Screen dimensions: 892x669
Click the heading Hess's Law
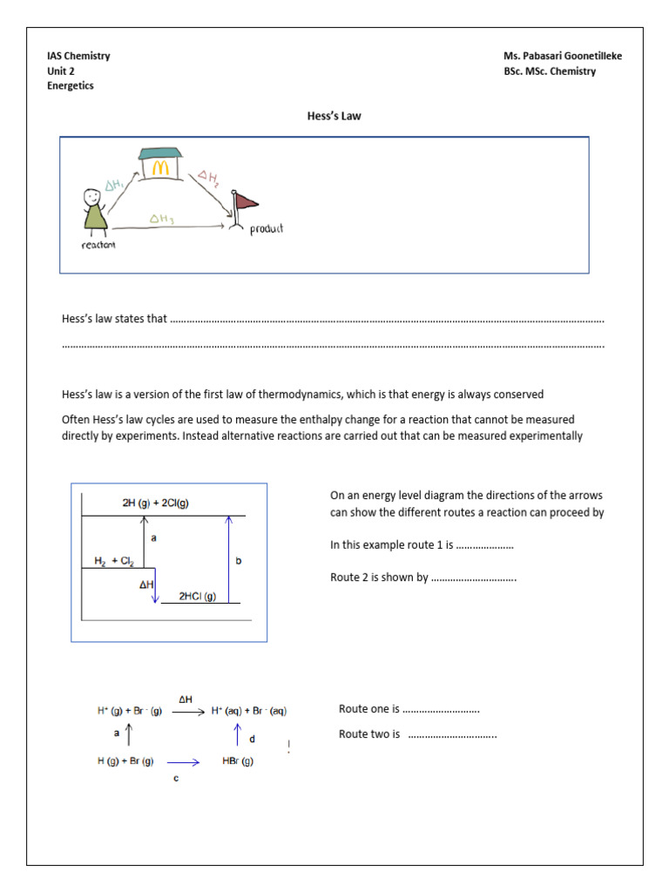coord(334,116)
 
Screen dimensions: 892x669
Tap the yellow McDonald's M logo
coord(159,166)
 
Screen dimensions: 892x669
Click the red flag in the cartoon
coord(246,203)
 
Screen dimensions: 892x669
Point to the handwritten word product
coord(267,229)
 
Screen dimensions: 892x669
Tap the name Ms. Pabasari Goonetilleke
coord(563,57)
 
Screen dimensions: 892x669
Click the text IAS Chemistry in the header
coord(78,57)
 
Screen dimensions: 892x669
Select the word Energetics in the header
coord(71,86)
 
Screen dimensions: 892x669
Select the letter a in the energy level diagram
coord(153,538)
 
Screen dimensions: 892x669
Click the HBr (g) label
coord(236,761)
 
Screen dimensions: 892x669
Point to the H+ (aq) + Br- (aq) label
coord(249,711)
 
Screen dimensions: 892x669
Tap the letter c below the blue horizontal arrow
coord(175,778)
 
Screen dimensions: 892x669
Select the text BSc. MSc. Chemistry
coord(550,71)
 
